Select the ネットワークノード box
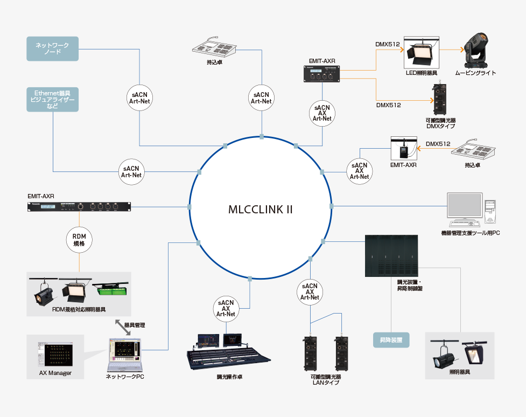[52, 48]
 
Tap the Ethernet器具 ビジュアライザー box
[52, 99]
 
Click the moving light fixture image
[476, 50]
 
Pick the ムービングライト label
[475, 73]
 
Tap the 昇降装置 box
[391, 340]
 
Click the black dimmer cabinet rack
[391, 255]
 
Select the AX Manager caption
[55, 373]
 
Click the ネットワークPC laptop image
[124, 356]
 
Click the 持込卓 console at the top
[215, 47]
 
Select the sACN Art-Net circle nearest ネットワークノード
[140, 97]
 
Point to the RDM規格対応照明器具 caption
[79, 310]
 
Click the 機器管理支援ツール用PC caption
[470, 233]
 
